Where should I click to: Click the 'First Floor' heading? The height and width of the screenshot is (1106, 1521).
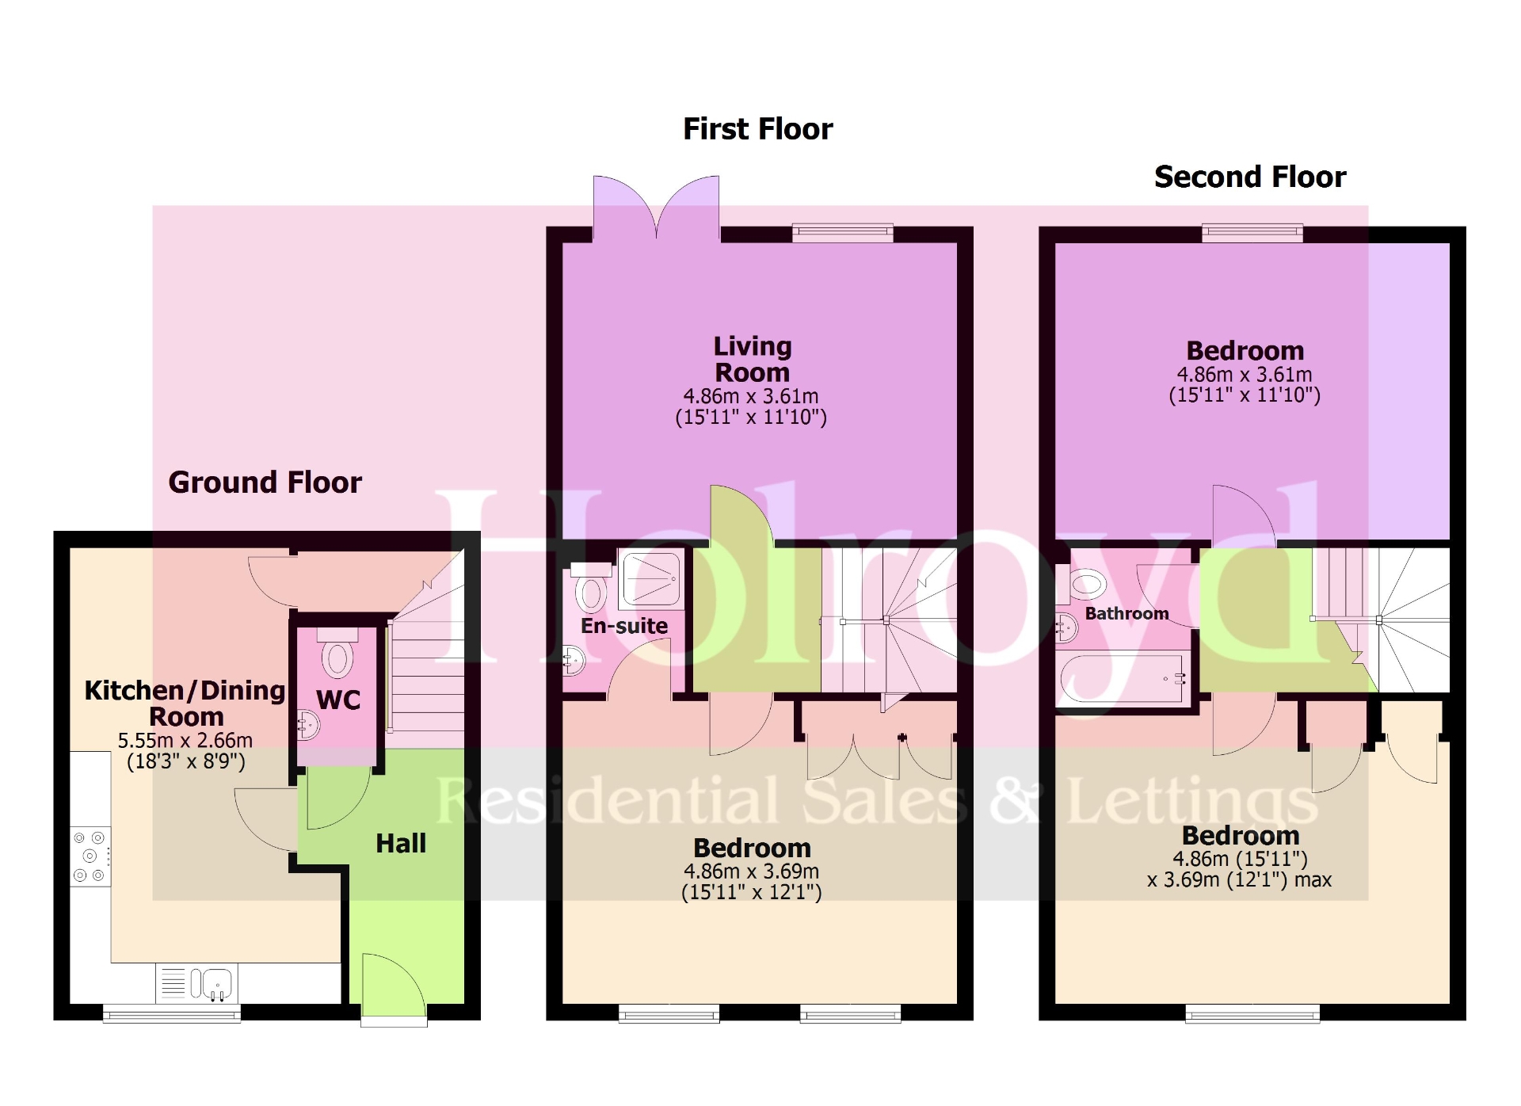(x=757, y=129)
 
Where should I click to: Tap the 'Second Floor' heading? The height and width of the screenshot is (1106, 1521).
(x=1249, y=177)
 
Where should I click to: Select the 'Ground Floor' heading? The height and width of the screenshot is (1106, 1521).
(x=265, y=482)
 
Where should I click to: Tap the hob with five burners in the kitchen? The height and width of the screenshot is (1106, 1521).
(x=90, y=856)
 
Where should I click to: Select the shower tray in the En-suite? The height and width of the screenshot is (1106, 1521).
(x=651, y=579)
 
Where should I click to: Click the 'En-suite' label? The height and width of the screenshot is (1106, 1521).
(x=624, y=626)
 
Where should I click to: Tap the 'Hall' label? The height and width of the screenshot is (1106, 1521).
(x=401, y=843)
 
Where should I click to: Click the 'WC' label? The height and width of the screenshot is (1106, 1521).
(x=338, y=700)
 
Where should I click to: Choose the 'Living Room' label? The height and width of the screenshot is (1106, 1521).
(x=752, y=359)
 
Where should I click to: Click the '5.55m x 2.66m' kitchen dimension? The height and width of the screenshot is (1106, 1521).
(x=185, y=741)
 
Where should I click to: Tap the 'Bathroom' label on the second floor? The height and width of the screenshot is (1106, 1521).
(x=1126, y=614)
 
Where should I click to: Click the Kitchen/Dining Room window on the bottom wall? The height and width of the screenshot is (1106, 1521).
(x=172, y=1013)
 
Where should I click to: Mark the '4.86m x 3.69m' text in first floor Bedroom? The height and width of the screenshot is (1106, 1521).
(x=751, y=871)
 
